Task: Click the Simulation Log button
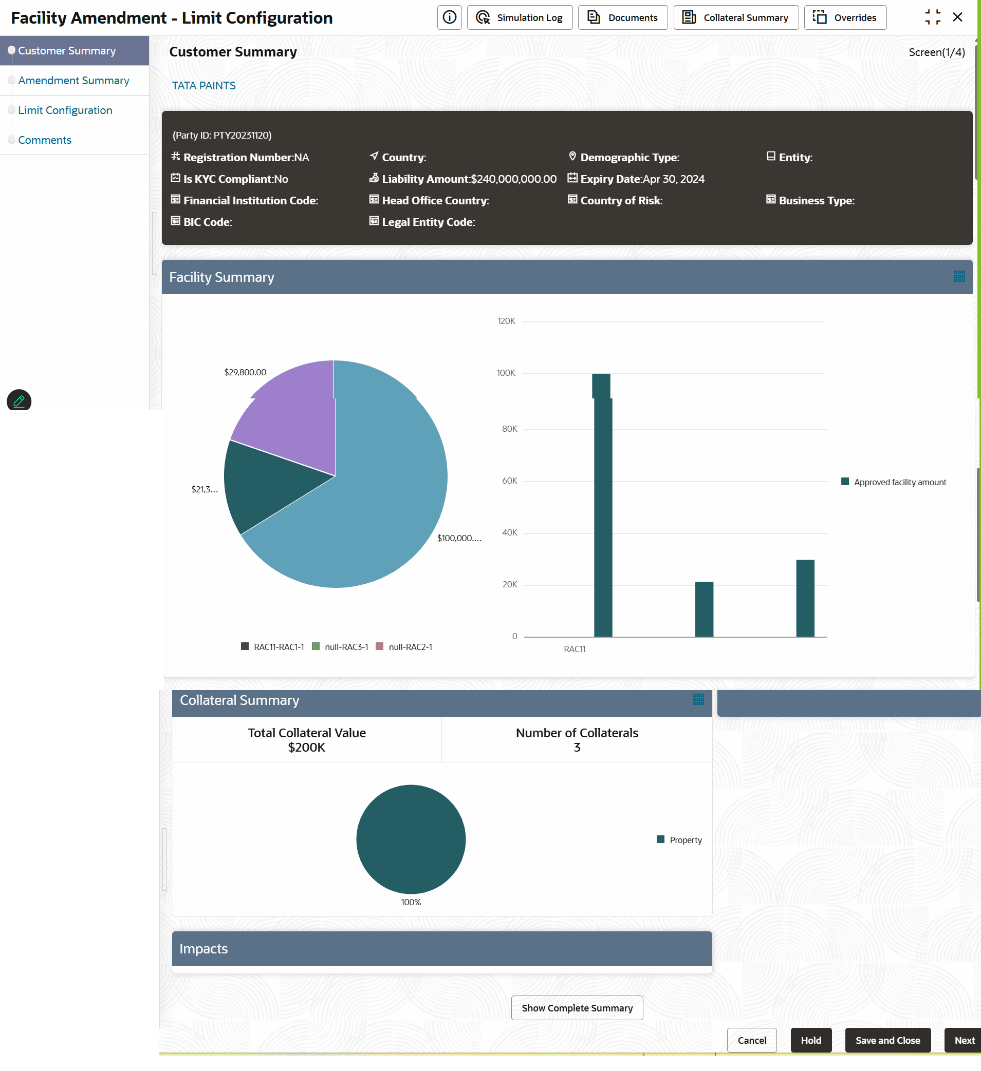pyautogui.click(x=520, y=17)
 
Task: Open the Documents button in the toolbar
pyautogui.click(x=622, y=17)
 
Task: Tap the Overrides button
pyautogui.click(x=844, y=17)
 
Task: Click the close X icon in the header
pyautogui.click(x=957, y=17)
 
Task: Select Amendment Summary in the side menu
pyautogui.click(x=73, y=80)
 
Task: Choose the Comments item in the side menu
pyautogui.click(x=45, y=140)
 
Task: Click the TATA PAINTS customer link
pyautogui.click(x=203, y=86)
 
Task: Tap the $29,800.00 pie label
pyautogui.click(x=245, y=372)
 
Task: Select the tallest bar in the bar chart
pyautogui.click(x=602, y=505)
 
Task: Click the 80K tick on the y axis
pyautogui.click(x=509, y=429)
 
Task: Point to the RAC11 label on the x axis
pyautogui.click(x=574, y=648)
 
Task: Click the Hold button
pyautogui.click(x=810, y=1040)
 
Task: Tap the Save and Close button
pyautogui.click(x=887, y=1040)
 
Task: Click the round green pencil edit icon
pyautogui.click(x=19, y=401)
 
